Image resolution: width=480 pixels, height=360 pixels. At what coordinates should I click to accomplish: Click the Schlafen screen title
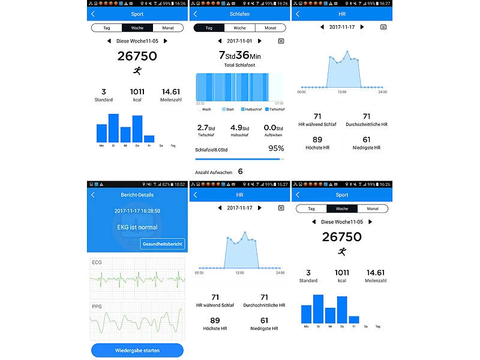point(239,14)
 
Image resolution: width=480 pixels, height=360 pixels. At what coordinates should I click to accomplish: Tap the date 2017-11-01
point(239,41)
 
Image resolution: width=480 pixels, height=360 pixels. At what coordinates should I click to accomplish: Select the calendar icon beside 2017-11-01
point(281,41)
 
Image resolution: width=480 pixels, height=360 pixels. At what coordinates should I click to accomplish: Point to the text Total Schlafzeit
point(239,64)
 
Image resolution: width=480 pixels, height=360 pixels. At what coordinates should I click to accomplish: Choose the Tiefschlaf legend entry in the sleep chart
point(274,109)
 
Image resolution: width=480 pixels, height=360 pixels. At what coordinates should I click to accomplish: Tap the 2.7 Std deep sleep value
point(206,127)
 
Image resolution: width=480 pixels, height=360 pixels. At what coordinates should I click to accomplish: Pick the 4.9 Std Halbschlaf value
point(239,127)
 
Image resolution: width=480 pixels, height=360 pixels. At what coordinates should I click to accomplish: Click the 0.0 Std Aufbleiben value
point(273,127)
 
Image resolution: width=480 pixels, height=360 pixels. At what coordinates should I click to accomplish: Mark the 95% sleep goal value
point(276,148)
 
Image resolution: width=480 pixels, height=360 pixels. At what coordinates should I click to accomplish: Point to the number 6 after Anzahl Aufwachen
point(241,172)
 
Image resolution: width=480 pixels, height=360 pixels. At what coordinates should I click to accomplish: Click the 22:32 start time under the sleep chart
point(200,103)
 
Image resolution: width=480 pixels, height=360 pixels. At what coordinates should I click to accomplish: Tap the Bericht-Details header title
point(137,195)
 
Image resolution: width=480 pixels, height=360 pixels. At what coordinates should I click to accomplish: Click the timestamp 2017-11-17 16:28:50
point(137,211)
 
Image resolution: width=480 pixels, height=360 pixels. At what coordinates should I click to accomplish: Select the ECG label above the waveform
point(97,263)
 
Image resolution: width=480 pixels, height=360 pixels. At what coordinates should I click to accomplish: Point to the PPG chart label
point(97,307)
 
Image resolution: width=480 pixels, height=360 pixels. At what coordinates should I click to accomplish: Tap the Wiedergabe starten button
point(137,350)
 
